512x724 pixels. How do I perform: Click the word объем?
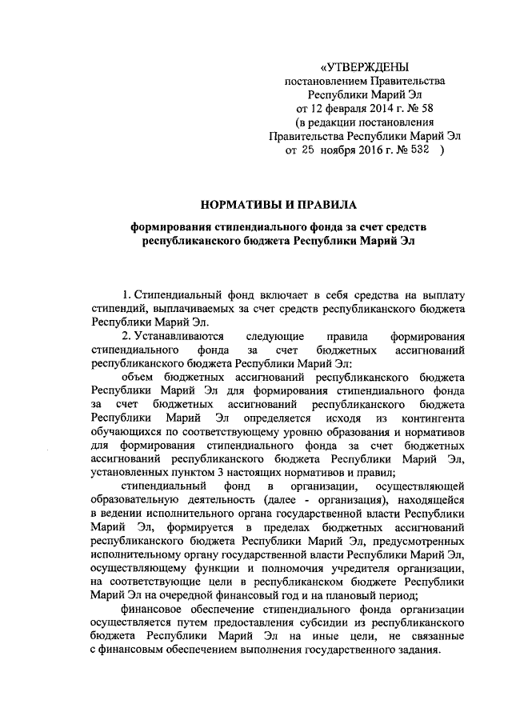[138, 376]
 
